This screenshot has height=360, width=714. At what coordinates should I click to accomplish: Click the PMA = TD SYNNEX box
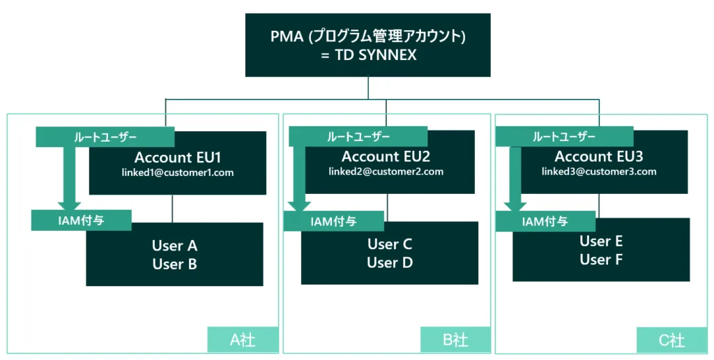click(367, 45)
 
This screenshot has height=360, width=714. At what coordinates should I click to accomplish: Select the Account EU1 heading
click(178, 157)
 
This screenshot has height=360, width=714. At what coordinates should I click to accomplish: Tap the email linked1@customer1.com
click(178, 173)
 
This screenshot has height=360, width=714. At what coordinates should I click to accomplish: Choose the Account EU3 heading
click(598, 156)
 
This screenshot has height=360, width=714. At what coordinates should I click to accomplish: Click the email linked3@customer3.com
click(599, 172)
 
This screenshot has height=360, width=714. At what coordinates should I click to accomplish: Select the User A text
click(174, 246)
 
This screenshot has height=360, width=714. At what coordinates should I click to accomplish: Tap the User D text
click(390, 263)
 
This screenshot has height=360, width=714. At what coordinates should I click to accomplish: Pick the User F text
click(601, 260)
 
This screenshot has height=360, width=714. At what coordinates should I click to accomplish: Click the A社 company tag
click(243, 339)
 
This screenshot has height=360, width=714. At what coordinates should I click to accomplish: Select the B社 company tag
click(456, 340)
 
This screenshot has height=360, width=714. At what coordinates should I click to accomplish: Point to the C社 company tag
click(671, 340)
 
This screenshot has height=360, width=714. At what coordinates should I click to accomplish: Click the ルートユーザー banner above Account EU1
click(105, 137)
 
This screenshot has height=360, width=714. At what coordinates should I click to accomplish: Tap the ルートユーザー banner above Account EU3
click(564, 137)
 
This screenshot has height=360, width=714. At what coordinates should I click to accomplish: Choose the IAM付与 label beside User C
click(333, 221)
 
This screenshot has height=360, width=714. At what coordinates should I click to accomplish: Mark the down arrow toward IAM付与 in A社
click(68, 177)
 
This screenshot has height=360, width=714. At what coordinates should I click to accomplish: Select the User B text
click(174, 264)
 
